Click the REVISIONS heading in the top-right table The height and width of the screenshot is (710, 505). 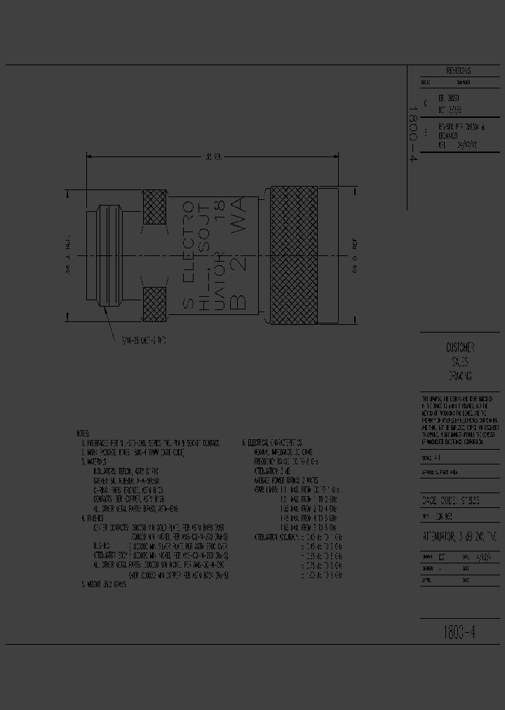click(458, 72)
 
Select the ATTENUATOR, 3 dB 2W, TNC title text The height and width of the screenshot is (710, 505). click(459, 537)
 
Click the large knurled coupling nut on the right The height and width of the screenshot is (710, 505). click(297, 254)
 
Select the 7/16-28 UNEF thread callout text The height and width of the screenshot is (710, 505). click(143, 340)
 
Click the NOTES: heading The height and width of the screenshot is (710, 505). click(83, 433)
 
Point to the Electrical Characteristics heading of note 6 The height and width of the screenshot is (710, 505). click(274, 443)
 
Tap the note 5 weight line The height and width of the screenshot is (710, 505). click(105, 583)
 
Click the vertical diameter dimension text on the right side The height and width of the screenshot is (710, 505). click(356, 255)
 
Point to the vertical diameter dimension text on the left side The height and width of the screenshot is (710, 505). click(69, 255)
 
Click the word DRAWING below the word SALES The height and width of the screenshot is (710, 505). click(459, 376)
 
